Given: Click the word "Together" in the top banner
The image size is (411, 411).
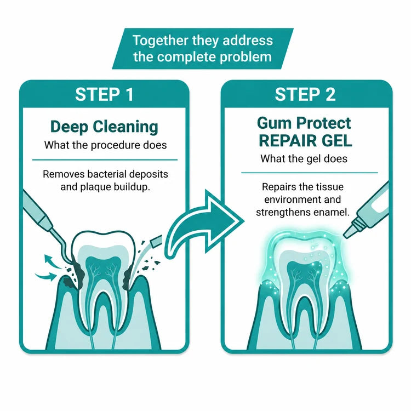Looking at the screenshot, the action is (161, 41).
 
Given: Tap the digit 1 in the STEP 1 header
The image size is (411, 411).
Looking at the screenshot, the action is (129, 95).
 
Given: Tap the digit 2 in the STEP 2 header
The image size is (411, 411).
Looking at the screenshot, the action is (330, 95).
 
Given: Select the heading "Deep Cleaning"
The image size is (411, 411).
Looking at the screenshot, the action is (104, 127).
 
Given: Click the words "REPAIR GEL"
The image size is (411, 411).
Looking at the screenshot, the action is (305, 141).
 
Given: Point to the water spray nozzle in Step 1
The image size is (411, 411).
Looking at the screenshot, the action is (156, 241).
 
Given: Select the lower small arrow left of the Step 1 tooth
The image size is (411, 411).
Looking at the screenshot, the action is (46, 276).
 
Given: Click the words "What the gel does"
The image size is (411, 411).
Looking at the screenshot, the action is (304, 159).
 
